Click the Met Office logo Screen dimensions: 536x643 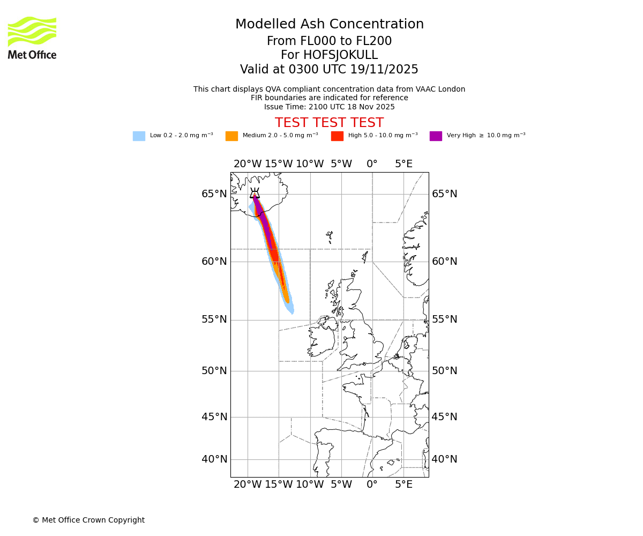click(x=32, y=38)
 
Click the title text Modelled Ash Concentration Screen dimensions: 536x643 click(x=330, y=25)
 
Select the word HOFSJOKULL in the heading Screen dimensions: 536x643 click(x=341, y=55)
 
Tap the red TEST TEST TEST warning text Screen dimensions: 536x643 click(x=329, y=123)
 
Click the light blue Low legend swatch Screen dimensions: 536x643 click(x=139, y=136)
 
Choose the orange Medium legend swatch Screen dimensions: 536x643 click(x=231, y=136)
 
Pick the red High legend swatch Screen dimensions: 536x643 click(x=337, y=136)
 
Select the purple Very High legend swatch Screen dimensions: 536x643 click(x=436, y=136)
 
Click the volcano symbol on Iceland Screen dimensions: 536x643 click(x=255, y=194)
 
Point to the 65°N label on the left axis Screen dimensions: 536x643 click(x=214, y=194)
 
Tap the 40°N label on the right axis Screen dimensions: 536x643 click(x=445, y=459)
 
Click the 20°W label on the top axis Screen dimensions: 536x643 click(x=248, y=164)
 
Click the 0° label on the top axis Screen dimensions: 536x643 click(x=372, y=164)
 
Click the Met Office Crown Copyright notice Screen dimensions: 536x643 click(x=88, y=520)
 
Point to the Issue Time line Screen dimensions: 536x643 click(x=329, y=107)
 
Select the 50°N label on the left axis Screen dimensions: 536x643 click(x=214, y=371)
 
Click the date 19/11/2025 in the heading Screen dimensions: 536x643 click(x=384, y=70)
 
